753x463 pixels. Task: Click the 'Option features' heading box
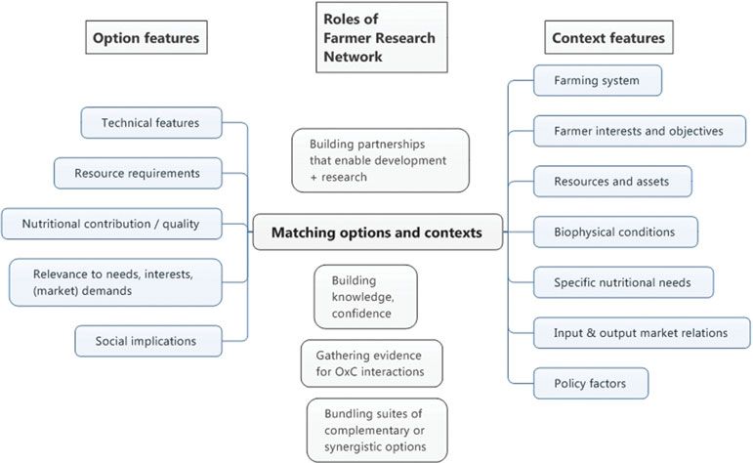coord(146,37)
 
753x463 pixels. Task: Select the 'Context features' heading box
coord(608,37)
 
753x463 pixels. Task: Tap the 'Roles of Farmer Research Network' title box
coord(382,37)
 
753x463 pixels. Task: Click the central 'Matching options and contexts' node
coord(377,232)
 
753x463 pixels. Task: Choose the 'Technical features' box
coord(151,123)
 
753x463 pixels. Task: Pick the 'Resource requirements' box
coord(138,174)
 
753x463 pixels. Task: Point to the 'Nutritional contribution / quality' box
coord(111,224)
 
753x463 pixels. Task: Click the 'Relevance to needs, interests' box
coord(115,282)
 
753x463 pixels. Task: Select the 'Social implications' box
coord(148,341)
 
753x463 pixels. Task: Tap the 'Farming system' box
coord(598,81)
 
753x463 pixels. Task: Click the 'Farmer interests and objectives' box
coord(640,131)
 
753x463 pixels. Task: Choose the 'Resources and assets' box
coord(612,182)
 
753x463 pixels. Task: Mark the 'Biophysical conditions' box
coord(615,231)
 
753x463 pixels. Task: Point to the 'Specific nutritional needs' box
coord(623,282)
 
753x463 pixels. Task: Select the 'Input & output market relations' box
coord(642,333)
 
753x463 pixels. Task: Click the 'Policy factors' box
coord(591,383)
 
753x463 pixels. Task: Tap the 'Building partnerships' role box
coord(380,160)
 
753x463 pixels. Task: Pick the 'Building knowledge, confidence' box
coord(365,297)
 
